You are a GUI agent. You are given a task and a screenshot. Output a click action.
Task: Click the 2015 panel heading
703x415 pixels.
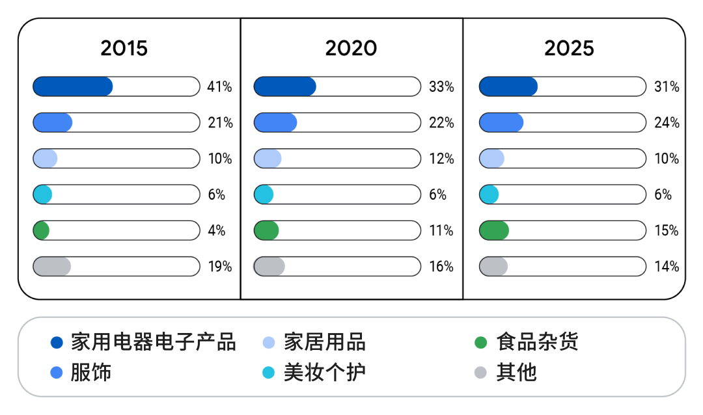[x=124, y=49]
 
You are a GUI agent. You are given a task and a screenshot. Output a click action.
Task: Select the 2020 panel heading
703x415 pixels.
[x=351, y=49]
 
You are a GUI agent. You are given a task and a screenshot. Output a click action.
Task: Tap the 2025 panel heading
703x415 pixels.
[x=569, y=49]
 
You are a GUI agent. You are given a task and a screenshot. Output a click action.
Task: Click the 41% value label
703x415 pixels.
[x=219, y=87]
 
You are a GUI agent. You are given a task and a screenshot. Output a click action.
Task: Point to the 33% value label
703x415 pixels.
[x=441, y=87]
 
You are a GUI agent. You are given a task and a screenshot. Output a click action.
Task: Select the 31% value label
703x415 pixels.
[x=667, y=87]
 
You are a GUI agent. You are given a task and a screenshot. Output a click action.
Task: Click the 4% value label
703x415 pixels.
[x=217, y=230]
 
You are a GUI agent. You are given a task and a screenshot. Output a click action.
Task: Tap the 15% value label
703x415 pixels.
[x=667, y=230]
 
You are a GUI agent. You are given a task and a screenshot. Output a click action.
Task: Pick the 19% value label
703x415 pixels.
[x=219, y=266]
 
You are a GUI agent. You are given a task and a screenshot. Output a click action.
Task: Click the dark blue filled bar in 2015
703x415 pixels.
[x=72, y=87]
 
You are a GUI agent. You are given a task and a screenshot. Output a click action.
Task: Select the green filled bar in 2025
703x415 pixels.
[x=494, y=230]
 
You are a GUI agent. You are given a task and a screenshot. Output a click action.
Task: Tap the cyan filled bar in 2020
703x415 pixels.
[x=264, y=194]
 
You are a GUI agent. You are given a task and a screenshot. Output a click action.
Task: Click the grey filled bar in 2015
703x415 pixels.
[x=52, y=266]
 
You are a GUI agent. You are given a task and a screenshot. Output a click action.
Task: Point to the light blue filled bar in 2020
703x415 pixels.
[x=268, y=159]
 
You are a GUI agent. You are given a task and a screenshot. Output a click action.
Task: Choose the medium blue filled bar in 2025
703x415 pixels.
[x=501, y=122]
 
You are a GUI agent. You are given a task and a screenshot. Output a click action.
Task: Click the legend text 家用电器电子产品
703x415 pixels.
[x=153, y=342]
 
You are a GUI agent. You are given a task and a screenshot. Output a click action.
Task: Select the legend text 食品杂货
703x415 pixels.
[x=537, y=342]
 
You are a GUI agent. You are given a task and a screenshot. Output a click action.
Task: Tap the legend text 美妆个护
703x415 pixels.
[x=324, y=373]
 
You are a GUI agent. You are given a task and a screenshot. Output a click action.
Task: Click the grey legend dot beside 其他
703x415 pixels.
[x=480, y=373]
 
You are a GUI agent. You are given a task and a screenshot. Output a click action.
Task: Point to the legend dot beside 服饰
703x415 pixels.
[x=57, y=373]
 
